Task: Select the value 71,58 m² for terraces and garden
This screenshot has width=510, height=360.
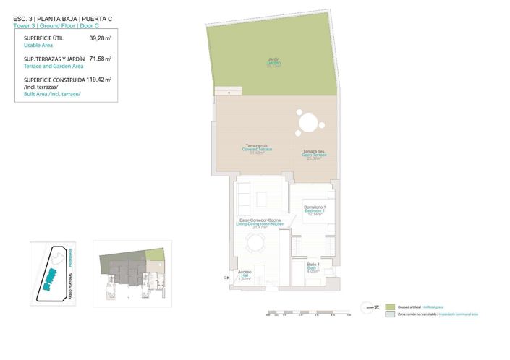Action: click(99, 59)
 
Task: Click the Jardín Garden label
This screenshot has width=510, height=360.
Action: click(273, 63)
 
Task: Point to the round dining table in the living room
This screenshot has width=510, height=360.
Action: click(255, 244)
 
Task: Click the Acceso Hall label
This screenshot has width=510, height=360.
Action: click(245, 275)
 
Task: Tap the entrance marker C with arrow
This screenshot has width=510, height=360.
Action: click(226, 276)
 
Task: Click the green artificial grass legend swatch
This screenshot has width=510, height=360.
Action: click(390, 307)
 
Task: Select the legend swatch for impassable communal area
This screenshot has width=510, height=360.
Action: click(390, 314)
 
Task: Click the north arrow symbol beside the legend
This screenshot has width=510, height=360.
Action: click(371, 307)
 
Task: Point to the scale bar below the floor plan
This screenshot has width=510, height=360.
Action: click(307, 313)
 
